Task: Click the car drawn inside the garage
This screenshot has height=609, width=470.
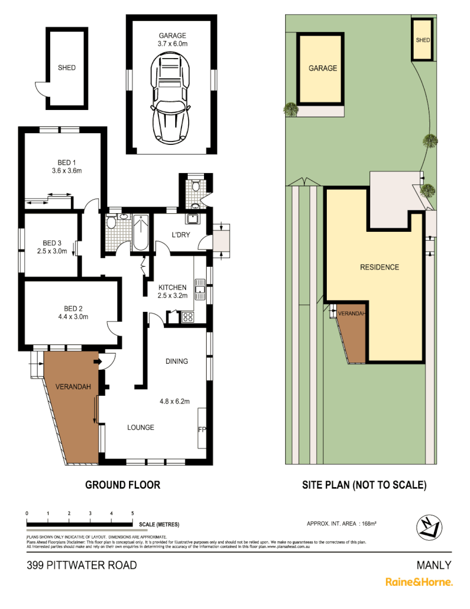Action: (171, 97)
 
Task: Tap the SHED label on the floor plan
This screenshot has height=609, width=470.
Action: (66, 68)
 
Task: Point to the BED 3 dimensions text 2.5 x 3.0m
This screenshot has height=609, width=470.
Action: (52, 251)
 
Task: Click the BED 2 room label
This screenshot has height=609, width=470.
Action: (73, 308)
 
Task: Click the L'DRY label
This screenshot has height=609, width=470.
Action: (180, 235)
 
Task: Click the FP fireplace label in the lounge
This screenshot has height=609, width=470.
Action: (202, 430)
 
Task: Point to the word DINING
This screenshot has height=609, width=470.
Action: (176, 361)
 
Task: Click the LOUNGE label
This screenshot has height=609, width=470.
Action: (140, 427)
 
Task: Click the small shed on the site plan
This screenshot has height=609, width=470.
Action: (423, 40)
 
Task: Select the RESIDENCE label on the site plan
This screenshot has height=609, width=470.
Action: (379, 267)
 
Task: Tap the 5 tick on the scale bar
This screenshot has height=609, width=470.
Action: (132, 514)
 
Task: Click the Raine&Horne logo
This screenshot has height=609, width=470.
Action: (419, 582)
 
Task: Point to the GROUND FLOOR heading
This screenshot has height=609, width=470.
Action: (122, 484)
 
